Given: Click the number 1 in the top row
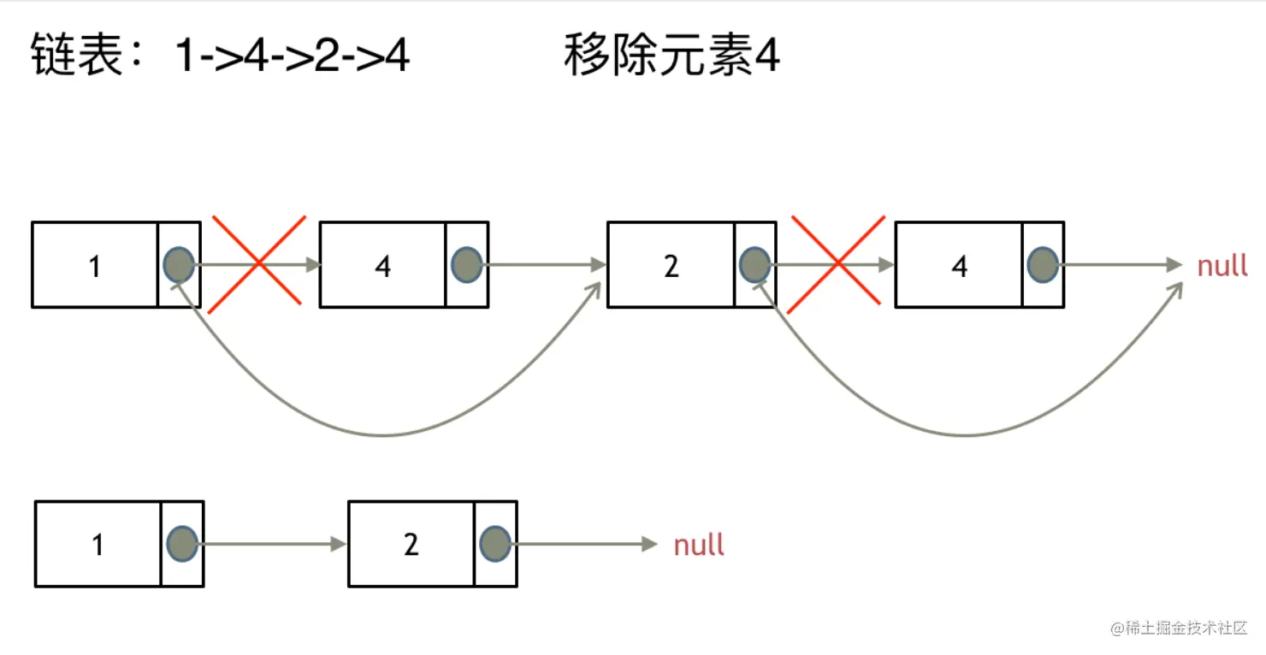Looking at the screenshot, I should pos(94,267).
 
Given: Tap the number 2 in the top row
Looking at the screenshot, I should pos(671,267).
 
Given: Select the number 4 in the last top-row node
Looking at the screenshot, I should pos(959,267).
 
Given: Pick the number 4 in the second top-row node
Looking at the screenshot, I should pos(382,267).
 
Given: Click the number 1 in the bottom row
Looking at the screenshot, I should pos(98,545).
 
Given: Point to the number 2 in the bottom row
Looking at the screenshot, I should pos(411,545).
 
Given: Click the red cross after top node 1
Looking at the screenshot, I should pos(257,261).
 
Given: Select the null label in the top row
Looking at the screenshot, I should pos(1222,266).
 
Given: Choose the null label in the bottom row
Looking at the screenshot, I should pos(699,545).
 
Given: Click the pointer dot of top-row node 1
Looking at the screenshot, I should pos(179,265).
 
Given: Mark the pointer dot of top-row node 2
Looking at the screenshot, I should pos(754,265).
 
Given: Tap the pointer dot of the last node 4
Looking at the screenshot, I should pos(1043,265).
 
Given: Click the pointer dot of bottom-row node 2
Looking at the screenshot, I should pos(495,544).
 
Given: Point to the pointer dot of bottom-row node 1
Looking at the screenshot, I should pos(182,544).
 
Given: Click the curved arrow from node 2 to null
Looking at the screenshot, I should pos(967,435).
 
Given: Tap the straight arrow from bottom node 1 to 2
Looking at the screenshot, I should pos(274,544).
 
